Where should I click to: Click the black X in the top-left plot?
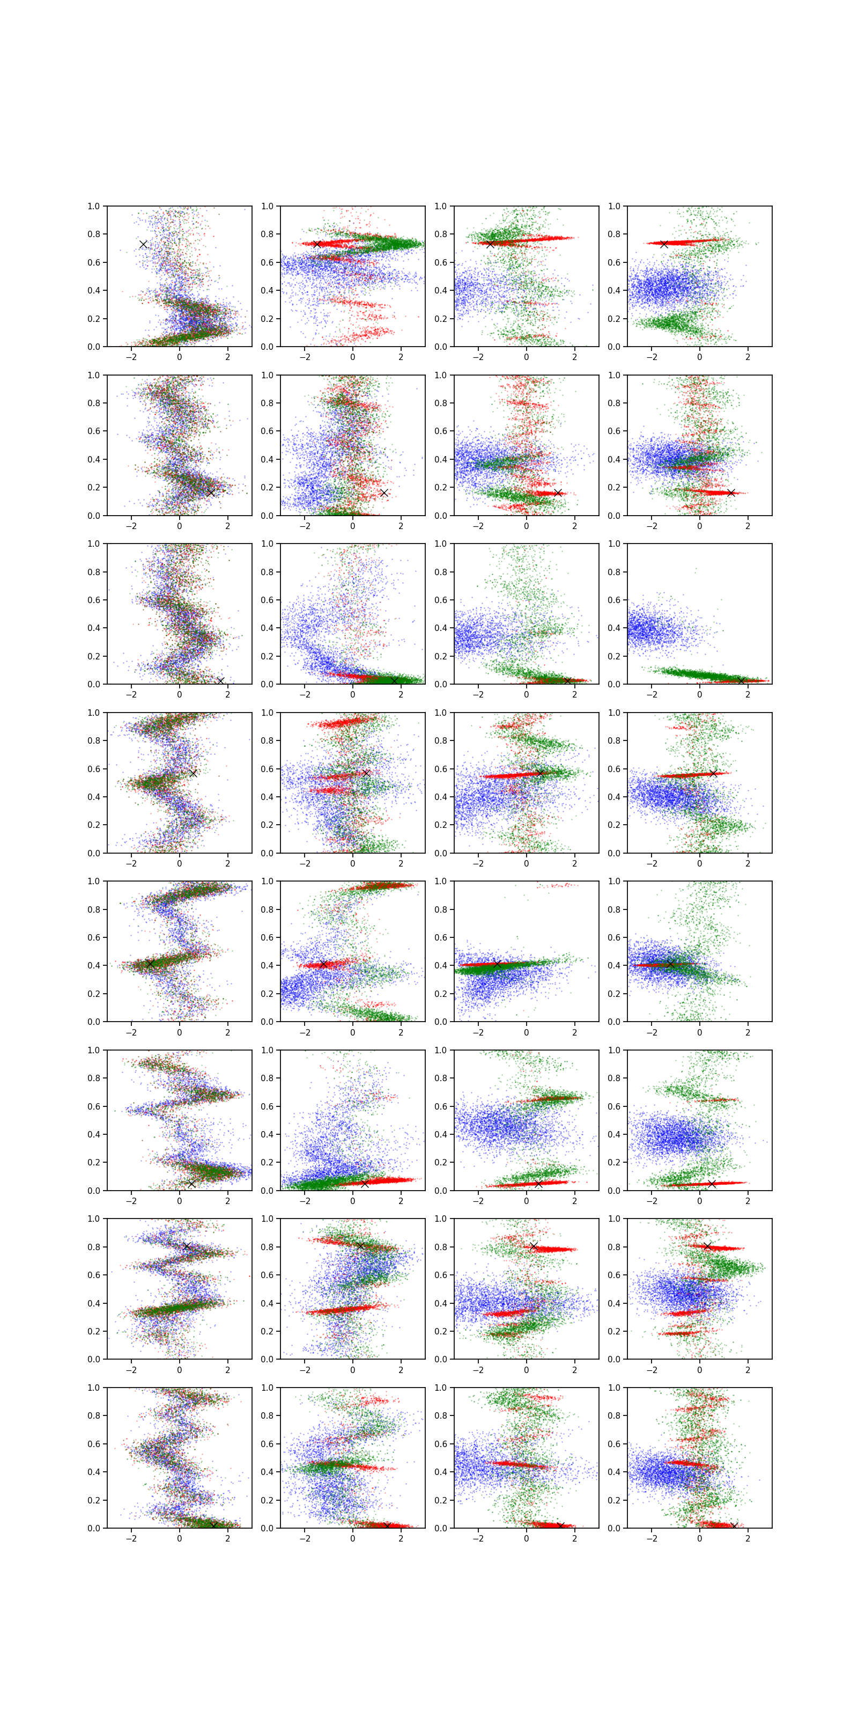click(x=143, y=244)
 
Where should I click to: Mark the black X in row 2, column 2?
click(x=384, y=493)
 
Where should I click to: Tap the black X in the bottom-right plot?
click(x=734, y=1525)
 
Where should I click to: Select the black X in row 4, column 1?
click(x=193, y=773)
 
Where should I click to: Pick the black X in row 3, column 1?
click(x=220, y=680)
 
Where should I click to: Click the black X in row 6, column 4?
click(x=712, y=1183)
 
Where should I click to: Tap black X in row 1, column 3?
click(x=490, y=244)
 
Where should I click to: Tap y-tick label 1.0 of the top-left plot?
click(x=93, y=206)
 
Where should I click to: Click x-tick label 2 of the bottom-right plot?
click(x=748, y=1538)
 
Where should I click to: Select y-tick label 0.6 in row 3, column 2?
click(x=267, y=600)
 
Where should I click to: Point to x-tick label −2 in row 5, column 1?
click(x=131, y=1032)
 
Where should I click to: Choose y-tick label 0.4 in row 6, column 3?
click(x=440, y=1134)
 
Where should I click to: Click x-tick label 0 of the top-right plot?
click(x=699, y=357)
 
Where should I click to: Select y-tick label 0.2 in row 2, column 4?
click(x=613, y=487)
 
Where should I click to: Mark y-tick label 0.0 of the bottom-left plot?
click(x=93, y=1528)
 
